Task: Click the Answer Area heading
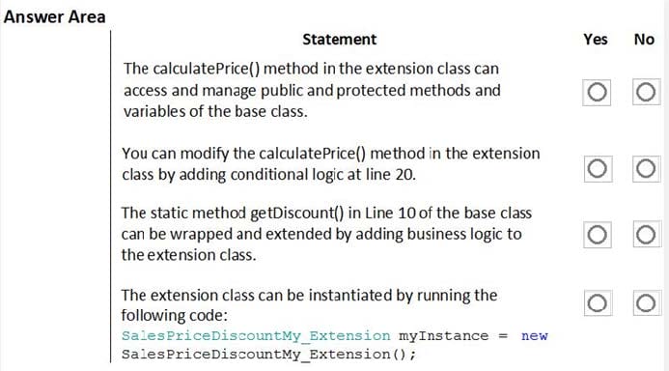(54, 17)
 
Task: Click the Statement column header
(340, 40)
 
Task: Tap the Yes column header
(596, 40)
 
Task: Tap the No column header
(644, 40)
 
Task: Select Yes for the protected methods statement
(597, 92)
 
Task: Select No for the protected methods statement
(646, 92)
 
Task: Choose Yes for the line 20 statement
(598, 169)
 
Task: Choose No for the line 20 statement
(646, 169)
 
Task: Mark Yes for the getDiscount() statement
(597, 235)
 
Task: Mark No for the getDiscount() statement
(646, 235)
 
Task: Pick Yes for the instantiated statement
(598, 303)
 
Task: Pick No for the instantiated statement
(646, 303)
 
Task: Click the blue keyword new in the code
(534, 336)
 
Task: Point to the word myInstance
(443, 336)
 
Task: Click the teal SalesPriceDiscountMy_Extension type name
(256, 336)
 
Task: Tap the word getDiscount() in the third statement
(296, 213)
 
